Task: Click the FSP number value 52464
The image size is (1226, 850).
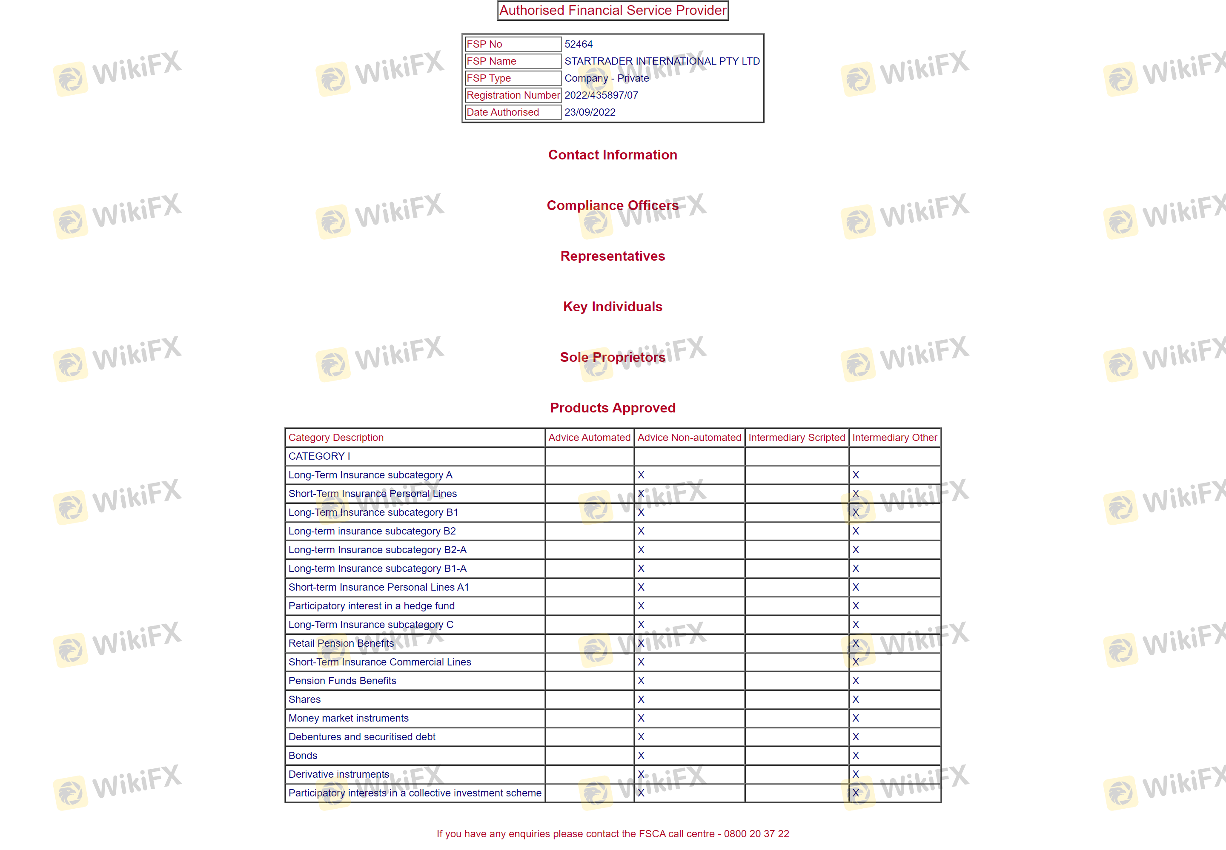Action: pyautogui.click(x=579, y=44)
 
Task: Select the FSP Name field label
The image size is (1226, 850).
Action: pyautogui.click(x=491, y=61)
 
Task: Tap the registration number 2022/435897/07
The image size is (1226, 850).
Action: pyautogui.click(x=601, y=95)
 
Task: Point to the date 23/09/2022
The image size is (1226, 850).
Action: pyautogui.click(x=590, y=112)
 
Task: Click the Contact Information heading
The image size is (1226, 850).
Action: pyautogui.click(x=613, y=155)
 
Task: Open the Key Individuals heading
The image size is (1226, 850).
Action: pyautogui.click(x=613, y=307)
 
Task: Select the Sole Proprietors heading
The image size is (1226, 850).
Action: pyautogui.click(x=613, y=357)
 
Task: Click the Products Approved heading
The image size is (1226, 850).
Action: pyautogui.click(x=613, y=408)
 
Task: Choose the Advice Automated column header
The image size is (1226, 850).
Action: pyautogui.click(x=589, y=437)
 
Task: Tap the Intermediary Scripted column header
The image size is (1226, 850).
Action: pyautogui.click(x=796, y=437)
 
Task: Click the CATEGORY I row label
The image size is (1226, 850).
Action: pyautogui.click(x=319, y=456)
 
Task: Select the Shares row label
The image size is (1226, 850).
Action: pyautogui.click(x=304, y=699)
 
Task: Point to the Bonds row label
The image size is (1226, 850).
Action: pyautogui.click(x=303, y=755)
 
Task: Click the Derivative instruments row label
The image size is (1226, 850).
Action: pyautogui.click(x=338, y=774)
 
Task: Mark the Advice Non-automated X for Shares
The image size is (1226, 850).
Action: pyautogui.click(x=641, y=699)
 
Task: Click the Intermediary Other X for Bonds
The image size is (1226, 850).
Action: pyautogui.click(x=856, y=755)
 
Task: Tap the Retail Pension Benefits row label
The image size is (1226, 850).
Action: pyautogui.click(x=341, y=643)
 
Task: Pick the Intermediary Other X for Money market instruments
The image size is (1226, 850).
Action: pyautogui.click(x=856, y=718)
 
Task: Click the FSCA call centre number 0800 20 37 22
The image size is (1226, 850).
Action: pyautogui.click(x=756, y=833)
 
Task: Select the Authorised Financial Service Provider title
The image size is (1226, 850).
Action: pyautogui.click(x=613, y=10)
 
